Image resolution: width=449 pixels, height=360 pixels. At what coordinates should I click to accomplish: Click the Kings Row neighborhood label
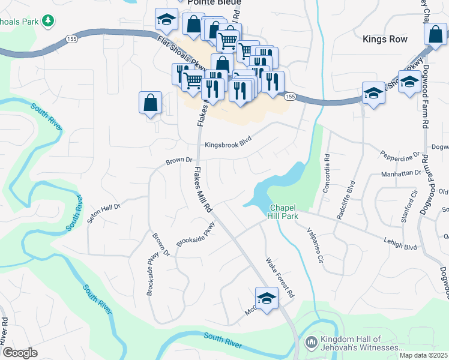point(385,40)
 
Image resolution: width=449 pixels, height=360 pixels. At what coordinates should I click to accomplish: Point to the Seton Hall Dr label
point(104,212)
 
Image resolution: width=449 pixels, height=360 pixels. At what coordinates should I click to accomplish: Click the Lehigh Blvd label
point(400,243)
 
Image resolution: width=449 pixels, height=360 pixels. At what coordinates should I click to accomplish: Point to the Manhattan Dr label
point(402,173)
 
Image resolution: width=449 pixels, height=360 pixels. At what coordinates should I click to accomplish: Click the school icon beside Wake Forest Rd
point(267,297)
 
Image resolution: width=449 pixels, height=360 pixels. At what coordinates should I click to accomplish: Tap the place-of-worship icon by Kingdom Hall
point(311,343)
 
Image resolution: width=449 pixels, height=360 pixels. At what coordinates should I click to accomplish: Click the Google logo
point(20,353)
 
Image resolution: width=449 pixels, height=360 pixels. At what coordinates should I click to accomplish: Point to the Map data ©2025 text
point(423,355)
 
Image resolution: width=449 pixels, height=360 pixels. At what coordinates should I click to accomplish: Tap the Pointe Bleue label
point(211,2)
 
